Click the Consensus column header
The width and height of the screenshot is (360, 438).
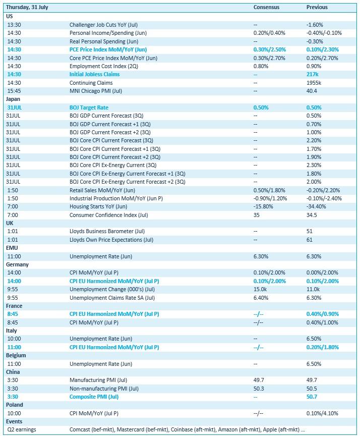[x=266, y=8]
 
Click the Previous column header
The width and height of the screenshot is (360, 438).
[x=317, y=8]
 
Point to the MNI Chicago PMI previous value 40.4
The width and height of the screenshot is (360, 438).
[x=312, y=91]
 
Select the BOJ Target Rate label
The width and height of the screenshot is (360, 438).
[x=89, y=107]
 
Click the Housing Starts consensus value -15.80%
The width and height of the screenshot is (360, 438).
[x=263, y=206]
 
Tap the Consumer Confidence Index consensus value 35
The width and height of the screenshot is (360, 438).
[x=257, y=215]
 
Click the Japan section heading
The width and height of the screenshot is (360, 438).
[x=14, y=99]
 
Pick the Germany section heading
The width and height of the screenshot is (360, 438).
[x=17, y=264]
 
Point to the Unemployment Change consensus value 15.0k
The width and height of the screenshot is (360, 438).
[x=260, y=289]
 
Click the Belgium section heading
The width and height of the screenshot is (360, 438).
[x=16, y=355]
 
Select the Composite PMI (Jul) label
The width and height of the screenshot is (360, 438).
[x=94, y=397]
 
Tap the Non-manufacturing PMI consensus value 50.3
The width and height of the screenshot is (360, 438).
[x=258, y=389]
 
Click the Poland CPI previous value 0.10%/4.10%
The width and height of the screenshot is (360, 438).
[x=322, y=413]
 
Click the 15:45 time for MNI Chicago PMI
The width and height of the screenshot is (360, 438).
[x=14, y=91]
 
